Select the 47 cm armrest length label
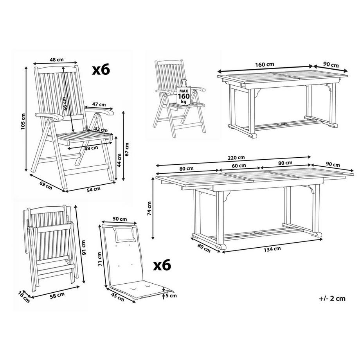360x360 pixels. point(99,104)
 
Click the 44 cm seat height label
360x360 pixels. point(120,159)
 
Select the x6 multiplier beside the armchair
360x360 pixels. point(101,70)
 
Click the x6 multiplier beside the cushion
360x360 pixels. point(162,265)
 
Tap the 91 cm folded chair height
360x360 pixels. point(83,247)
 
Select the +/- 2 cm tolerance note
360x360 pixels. point(332,298)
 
